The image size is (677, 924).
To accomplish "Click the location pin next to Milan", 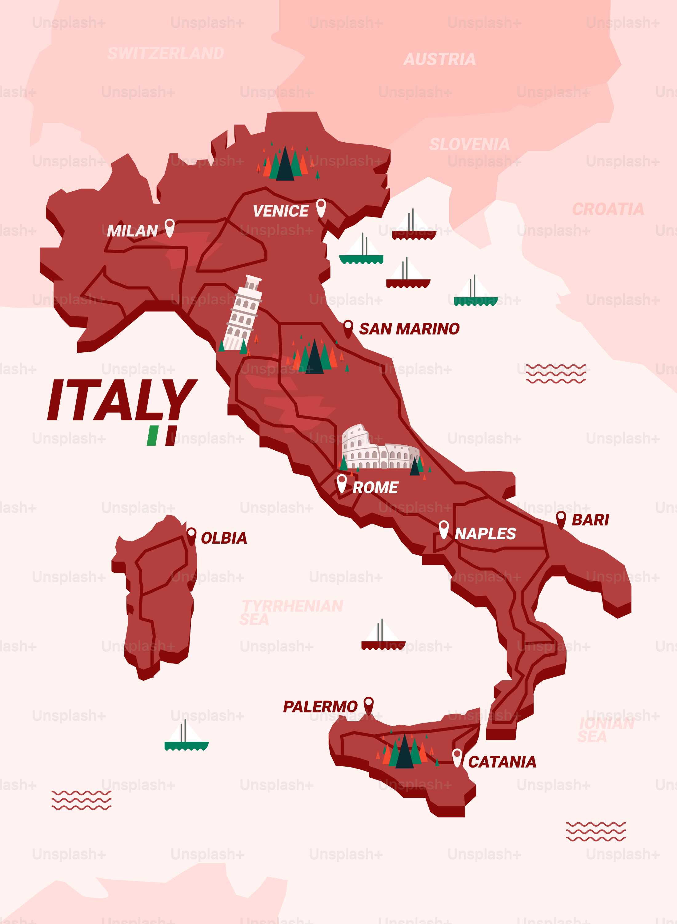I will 169,227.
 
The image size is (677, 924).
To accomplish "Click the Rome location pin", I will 341,482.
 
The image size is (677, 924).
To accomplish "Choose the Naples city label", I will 485,533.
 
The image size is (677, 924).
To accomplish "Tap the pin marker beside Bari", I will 561,519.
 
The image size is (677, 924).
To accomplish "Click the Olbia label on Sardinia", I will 224,538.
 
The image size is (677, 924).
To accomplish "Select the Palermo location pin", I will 368,705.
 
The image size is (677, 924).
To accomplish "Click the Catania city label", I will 502,762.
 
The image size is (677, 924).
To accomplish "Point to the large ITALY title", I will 122,400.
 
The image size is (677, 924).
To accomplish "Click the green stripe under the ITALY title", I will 152,436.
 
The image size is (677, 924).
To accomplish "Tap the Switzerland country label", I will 166,53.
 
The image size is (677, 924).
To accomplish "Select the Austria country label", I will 440,59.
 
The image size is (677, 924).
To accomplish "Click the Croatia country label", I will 608,209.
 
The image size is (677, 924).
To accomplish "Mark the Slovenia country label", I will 469,144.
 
